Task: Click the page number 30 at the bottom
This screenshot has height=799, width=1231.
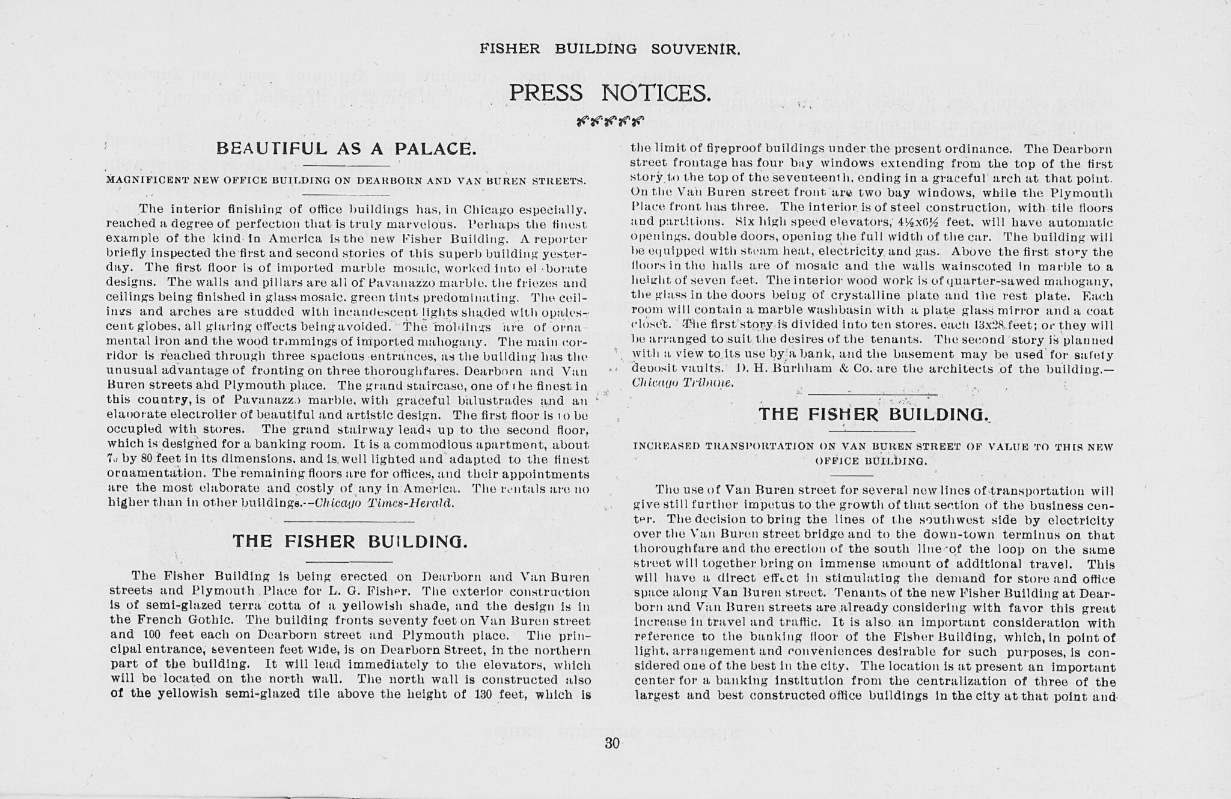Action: tap(612, 743)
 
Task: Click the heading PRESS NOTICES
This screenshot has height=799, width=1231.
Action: tap(610, 93)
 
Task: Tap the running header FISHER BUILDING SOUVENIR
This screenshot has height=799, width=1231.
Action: tap(609, 49)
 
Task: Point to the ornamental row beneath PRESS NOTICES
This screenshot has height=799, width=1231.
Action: tap(609, 121)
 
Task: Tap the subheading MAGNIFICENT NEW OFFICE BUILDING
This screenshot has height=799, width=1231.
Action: tap(346, 180)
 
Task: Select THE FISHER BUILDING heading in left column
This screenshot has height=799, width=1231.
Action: tap(349, 541)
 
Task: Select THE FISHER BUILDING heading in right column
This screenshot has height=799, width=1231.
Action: tap(872, 414)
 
